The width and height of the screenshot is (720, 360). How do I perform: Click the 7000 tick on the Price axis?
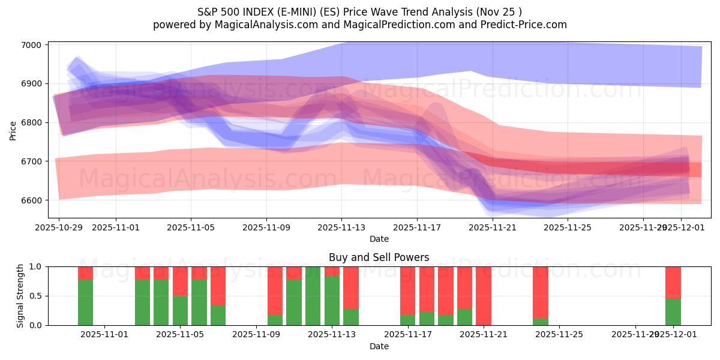point(31,45)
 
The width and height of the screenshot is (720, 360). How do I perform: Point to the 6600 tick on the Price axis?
point(31,200)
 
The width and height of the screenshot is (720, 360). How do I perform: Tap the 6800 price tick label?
point(31,122)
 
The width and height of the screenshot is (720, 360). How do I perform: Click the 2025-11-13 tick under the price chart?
point(341,228)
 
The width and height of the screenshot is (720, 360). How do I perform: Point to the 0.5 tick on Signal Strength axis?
point(35,296)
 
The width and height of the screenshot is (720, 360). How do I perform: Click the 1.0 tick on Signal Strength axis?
point(35,266)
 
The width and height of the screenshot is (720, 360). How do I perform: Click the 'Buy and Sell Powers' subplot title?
point(379,257)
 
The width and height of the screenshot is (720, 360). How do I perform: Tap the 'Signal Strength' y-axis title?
point(20,296)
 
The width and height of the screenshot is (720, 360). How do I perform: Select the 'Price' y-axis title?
point(13,130)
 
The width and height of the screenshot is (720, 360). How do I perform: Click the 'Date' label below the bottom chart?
point(379,346)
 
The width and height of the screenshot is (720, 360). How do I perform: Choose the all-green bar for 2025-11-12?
point(313,296)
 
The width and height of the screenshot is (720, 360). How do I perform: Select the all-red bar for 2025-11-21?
point(484,296)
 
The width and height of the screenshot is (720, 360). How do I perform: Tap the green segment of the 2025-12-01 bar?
point(673,312)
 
